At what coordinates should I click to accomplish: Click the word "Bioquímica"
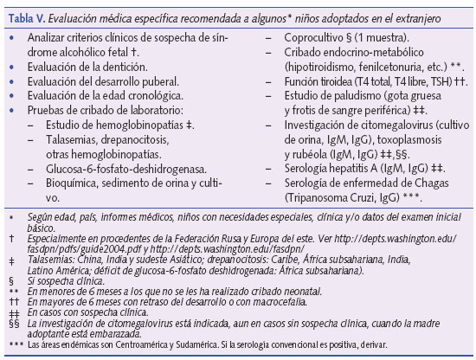[74, 183]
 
